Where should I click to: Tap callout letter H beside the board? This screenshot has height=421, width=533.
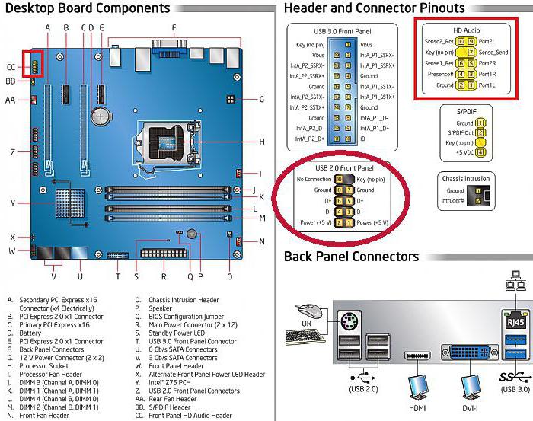(261, 142)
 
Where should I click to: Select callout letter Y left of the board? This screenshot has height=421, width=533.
(13, 203)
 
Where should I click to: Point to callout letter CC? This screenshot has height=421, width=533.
(11, 66)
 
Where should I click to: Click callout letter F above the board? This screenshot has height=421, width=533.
(174, 27)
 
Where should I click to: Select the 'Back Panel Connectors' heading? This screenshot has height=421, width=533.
(351, 257)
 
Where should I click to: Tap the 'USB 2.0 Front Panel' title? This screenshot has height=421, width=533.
(344, 167)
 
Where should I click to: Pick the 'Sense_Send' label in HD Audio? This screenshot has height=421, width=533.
(493, 52)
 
